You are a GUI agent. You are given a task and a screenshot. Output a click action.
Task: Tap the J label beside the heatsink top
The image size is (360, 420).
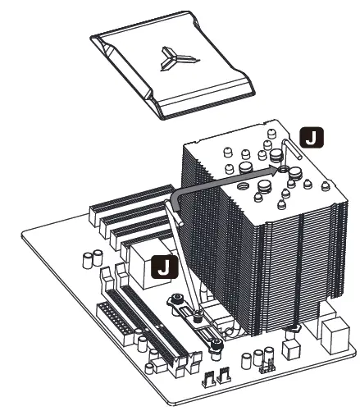click(x=313, y=138)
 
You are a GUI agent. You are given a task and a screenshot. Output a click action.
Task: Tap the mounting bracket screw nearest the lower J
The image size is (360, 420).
click(x=176, y=299)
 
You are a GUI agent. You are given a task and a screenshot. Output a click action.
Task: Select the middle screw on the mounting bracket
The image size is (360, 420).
click(x=198, y=315)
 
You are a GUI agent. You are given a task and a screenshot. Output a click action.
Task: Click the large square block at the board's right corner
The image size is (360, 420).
click(x=337, y=336)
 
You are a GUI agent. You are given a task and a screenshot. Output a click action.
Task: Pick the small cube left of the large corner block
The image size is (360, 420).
click(x=289, y=349)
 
